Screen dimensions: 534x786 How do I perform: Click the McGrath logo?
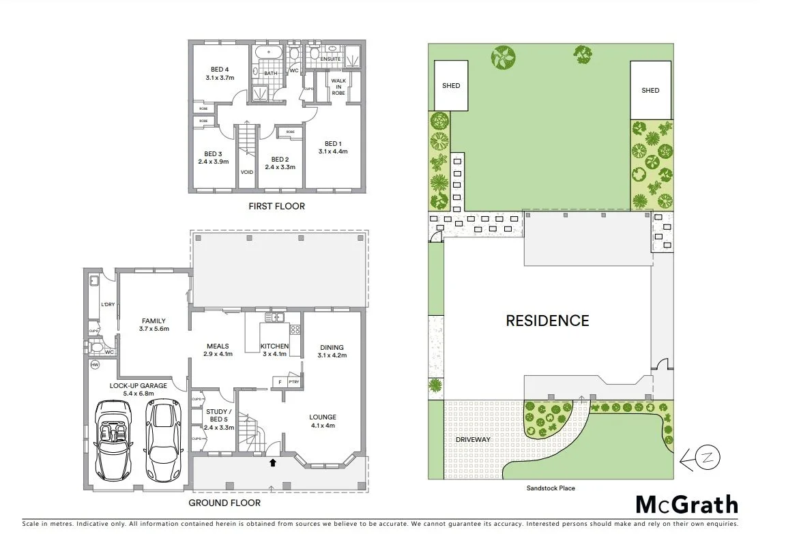pos(686,505)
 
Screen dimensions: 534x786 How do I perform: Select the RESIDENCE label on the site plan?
pos(547,321)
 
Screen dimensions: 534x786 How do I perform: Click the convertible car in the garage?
pos(113,440)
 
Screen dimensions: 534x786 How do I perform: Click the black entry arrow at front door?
pos(273,463)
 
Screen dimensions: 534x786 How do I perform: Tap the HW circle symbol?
pos(95,366)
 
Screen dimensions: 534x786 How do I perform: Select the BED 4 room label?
pos(219,70)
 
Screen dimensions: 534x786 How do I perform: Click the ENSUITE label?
pos(331,59)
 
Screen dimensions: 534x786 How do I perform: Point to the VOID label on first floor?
pos(247,172)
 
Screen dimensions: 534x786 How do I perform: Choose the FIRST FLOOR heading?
pos(276,206)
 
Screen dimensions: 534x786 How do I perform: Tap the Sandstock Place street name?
pos(550,488)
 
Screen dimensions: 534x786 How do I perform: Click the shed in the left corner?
pos(451,85)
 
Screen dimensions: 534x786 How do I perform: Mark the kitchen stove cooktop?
pos(295,330)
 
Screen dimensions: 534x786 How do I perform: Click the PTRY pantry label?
pos(293,383)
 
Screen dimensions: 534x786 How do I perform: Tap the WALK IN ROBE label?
pos(338,87)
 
